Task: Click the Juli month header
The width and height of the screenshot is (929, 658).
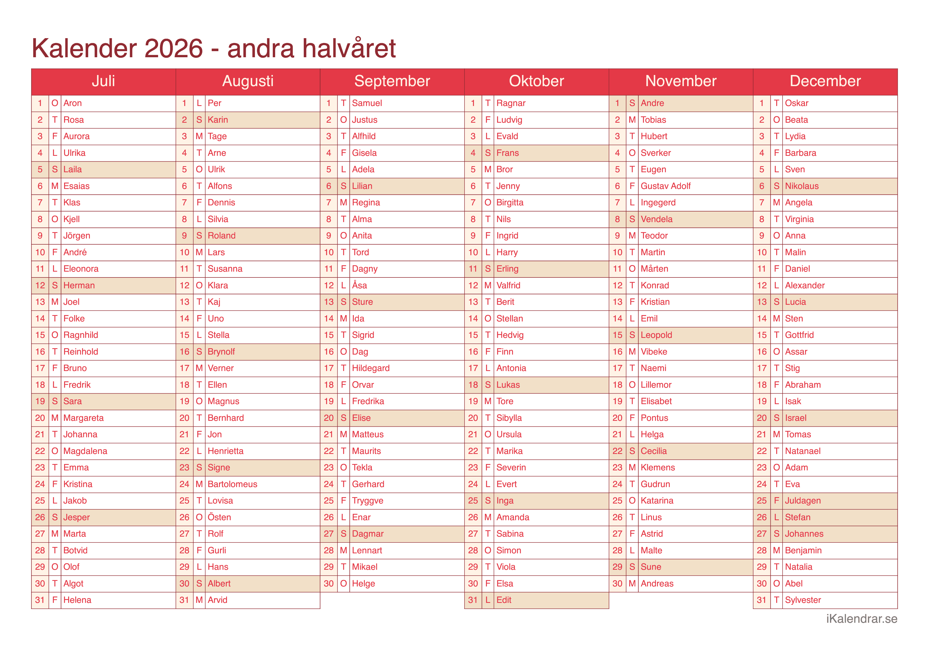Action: (x=103, y=81)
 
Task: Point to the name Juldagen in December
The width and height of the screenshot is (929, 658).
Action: (x=802, y=500)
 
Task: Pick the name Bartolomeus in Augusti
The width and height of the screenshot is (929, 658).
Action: (x=232, y=484)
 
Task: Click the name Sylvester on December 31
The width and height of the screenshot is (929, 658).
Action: (x=802, y=600)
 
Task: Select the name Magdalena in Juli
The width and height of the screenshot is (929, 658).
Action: (x=85, y=451)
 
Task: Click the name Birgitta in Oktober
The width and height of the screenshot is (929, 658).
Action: (x=510, y=202)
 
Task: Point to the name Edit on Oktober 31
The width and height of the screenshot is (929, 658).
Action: (x=504, y=600)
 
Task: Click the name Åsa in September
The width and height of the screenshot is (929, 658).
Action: (x=359, y=285)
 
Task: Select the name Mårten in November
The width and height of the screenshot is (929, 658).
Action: (x=654, y=269)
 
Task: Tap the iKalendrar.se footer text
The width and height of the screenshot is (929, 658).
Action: (x=861, y=619)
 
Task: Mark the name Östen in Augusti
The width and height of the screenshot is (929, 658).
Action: (x=219, y=517)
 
